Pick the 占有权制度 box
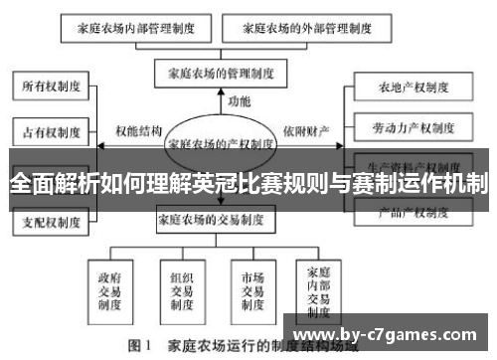click(51, 129)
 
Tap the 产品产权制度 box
click(407, 212)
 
